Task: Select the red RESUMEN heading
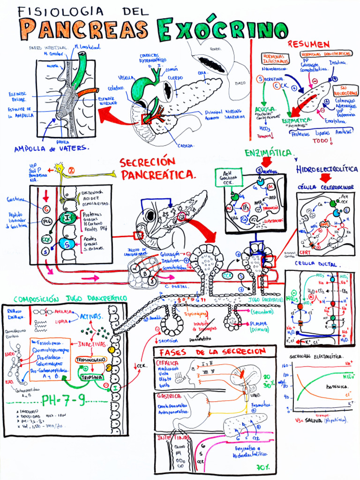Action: [308, 45]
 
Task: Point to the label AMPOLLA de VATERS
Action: [51, 149]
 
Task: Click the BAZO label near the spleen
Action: [240, 83]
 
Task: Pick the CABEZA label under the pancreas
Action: [186, 145]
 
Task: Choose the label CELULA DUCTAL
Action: [318, 264]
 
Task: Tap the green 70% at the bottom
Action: [263, 467]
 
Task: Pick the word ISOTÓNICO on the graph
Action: [337, 387]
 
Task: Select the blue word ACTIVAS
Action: [91, 316]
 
